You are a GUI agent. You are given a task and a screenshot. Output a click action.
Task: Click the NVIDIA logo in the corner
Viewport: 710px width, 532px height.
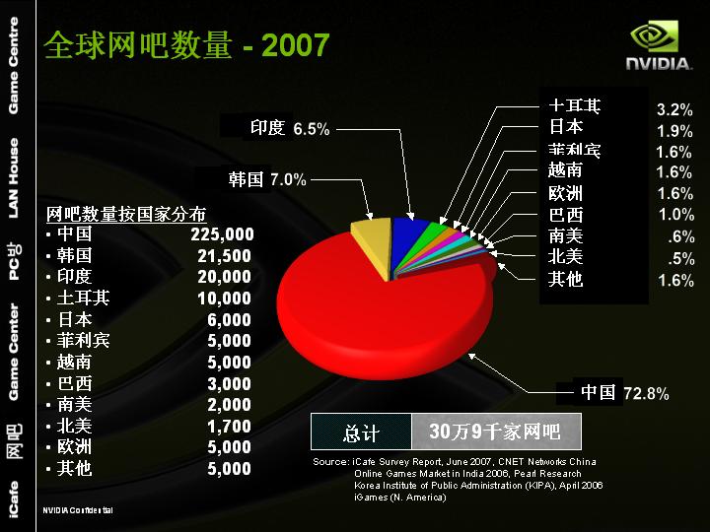point(657,46)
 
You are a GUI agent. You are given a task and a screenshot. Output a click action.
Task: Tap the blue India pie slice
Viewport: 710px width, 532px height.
point(405,231)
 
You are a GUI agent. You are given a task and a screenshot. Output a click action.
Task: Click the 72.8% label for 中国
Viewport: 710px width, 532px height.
point(646,394)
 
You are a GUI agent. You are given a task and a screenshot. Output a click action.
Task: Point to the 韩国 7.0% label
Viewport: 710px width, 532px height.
point(267,180)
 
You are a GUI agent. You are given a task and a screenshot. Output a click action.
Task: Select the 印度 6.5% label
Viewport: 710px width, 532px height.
point(289,128)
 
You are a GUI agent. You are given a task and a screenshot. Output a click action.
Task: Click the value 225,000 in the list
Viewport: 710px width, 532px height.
point(222,234)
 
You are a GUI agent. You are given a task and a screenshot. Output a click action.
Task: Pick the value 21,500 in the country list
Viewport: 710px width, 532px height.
point(225,256)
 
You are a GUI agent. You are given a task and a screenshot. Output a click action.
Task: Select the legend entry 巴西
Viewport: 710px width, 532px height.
point(565,215)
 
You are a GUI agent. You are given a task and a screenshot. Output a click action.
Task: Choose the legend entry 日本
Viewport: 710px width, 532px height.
point(565,127)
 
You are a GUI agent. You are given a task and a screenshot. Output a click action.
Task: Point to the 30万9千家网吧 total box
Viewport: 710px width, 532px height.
point(494,432)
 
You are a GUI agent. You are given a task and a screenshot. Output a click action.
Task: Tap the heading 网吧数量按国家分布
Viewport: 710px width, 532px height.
point(126,213)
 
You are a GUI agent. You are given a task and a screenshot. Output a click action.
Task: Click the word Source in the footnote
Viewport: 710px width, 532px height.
point(329,461)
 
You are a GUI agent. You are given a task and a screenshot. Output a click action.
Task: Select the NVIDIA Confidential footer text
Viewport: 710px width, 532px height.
point(78,510)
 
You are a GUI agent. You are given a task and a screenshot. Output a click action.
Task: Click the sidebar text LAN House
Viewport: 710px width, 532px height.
point(13,177)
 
